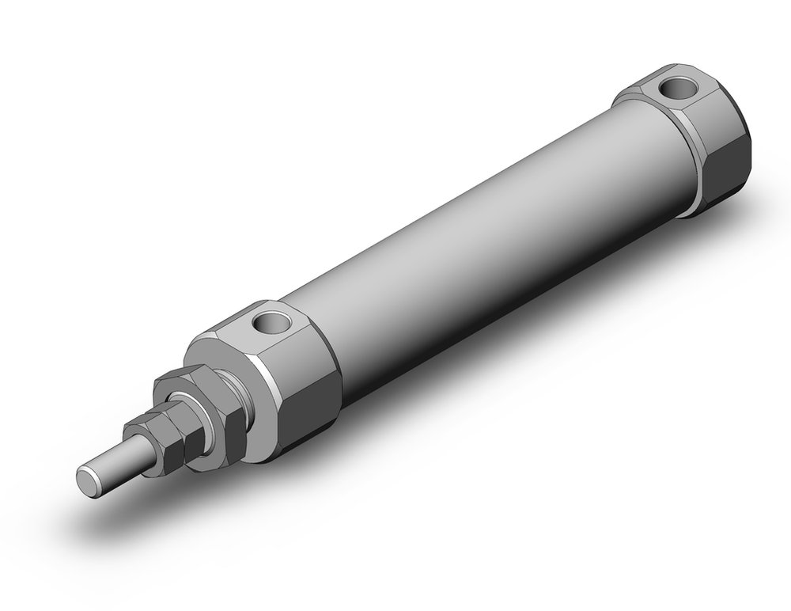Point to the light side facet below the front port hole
305,356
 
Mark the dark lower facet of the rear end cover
728,174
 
